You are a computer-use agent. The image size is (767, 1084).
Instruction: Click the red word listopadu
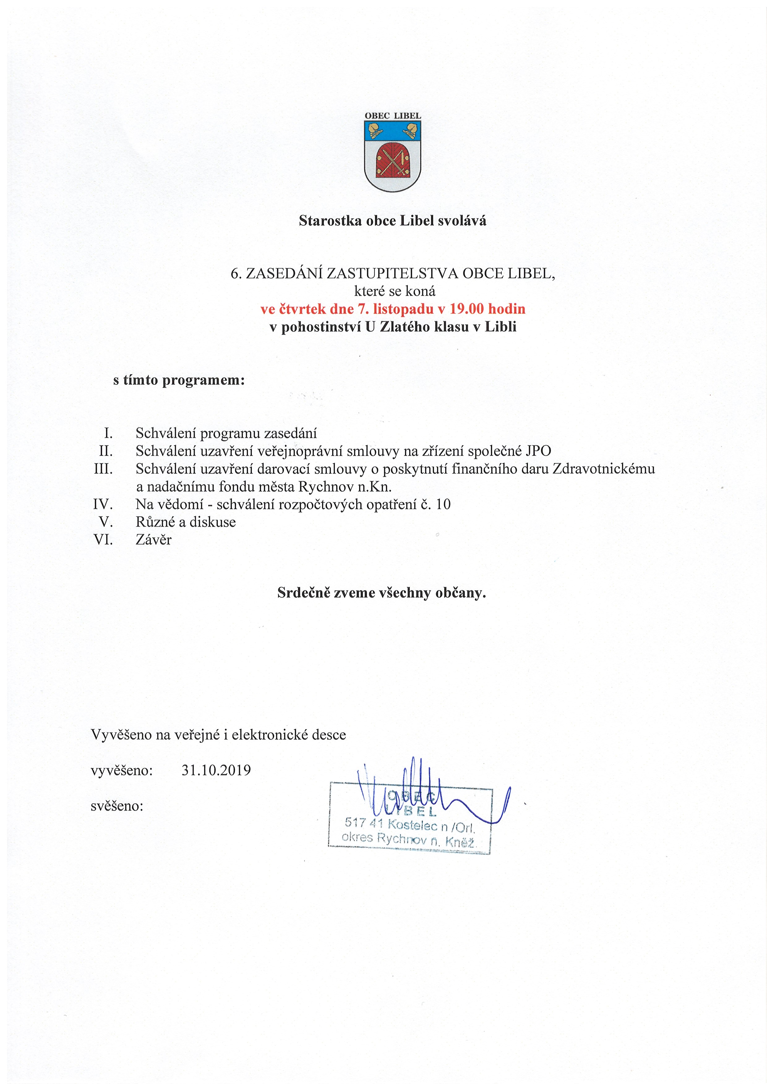coord(403,309)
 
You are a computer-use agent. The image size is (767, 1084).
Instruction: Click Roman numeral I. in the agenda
coord(108,433)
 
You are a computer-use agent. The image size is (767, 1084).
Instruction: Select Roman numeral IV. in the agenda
coord(103,504)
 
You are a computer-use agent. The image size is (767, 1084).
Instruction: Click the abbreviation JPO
coord(538,451)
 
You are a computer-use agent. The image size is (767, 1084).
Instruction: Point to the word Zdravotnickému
coord(603,469)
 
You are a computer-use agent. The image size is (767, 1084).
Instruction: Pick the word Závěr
coord(154,540)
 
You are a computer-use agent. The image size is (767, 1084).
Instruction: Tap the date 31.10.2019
coord(216,770)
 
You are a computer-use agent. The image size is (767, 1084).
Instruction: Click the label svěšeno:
coord(117,806)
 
